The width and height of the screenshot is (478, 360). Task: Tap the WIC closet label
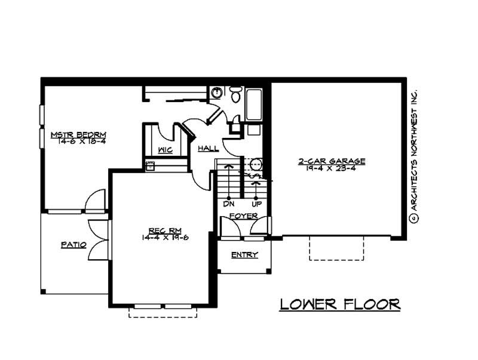(x=166, y=150)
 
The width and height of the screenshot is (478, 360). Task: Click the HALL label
(x=208, y=148)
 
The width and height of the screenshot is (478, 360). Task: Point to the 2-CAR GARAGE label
(x=332, y=161)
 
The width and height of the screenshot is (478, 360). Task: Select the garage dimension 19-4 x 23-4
(x=332, y=169)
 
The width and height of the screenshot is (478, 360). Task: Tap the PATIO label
(x=73, y=245)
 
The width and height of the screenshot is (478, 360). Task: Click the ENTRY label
(x=244, y=255)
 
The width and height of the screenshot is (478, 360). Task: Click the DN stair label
(x=228, y=204)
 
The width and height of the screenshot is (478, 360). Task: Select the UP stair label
(x=256, y=204)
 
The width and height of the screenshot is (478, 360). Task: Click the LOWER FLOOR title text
(x=340, y=304)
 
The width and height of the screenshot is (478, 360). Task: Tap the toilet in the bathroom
(x=236, y=94)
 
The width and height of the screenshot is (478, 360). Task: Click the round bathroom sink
(x=216, y=93)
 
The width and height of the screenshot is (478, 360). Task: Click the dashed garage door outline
(x=336, y=248)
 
